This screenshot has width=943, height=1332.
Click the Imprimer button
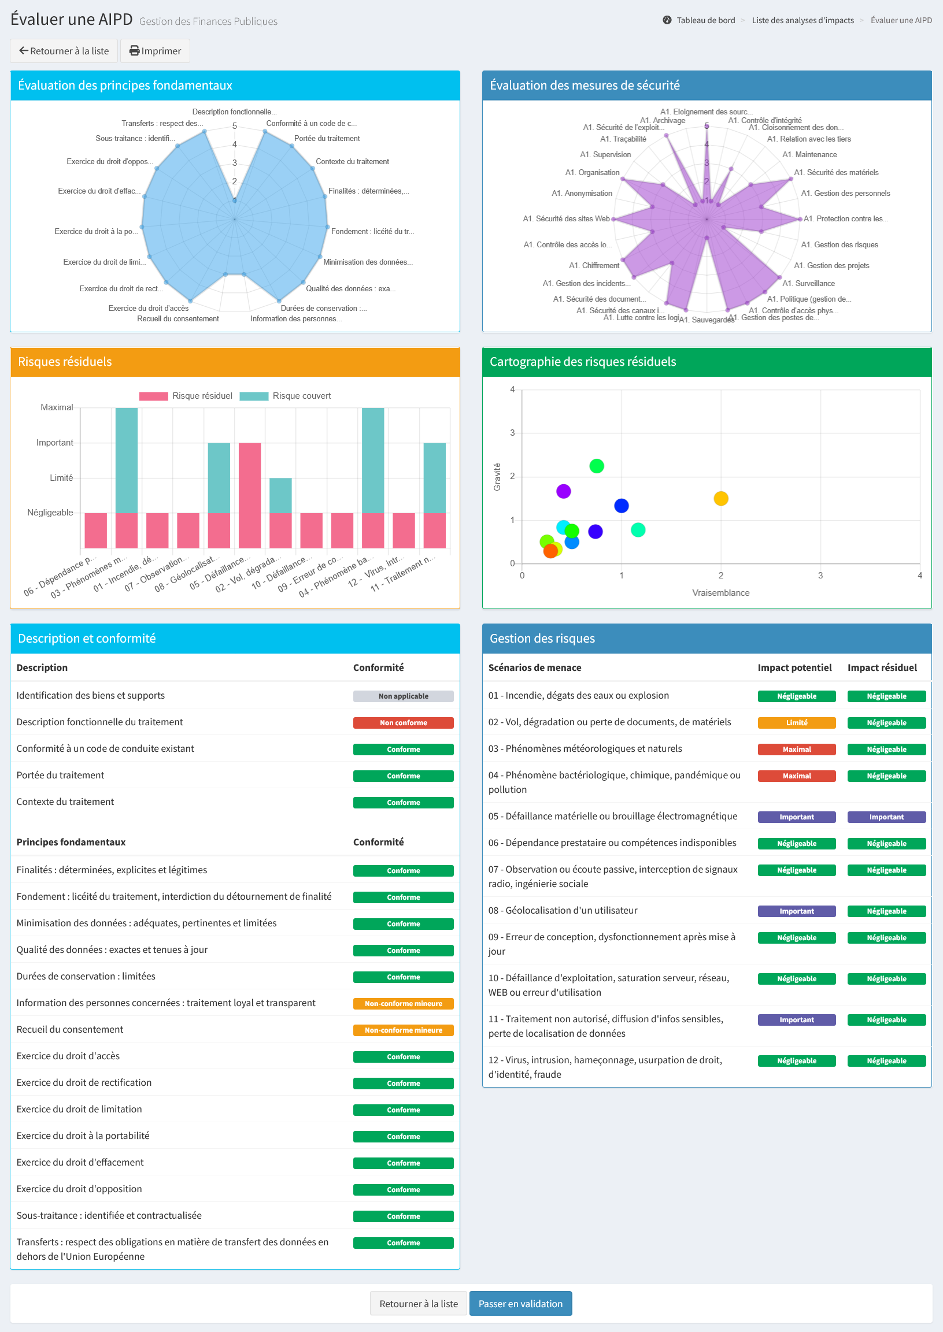tap(155, 51)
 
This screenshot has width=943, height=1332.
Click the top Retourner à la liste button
tap(64, 51)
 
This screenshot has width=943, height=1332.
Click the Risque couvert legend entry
tap(285, 396)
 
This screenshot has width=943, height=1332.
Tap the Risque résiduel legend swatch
tap(153, 396)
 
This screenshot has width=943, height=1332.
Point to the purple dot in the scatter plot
tap(563, 492)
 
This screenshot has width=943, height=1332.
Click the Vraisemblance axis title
tap(720, 592)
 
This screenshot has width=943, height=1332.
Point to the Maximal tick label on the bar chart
tap(57, 407)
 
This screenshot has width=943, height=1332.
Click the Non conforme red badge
tap(404, 723)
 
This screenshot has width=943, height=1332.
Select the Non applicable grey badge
tap(404, 696)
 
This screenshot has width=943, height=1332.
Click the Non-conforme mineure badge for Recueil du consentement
tap(404, 1030)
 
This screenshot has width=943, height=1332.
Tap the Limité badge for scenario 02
tap(797, 723)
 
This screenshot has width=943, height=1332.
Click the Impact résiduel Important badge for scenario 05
tap(887, 817)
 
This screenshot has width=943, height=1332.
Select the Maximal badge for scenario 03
tap(797, 750)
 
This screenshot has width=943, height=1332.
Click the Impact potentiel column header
tap(794, 667)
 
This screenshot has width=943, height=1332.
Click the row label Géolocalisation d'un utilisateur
tap(563, 911)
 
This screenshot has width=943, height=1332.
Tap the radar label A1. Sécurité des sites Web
tap(566, 219)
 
